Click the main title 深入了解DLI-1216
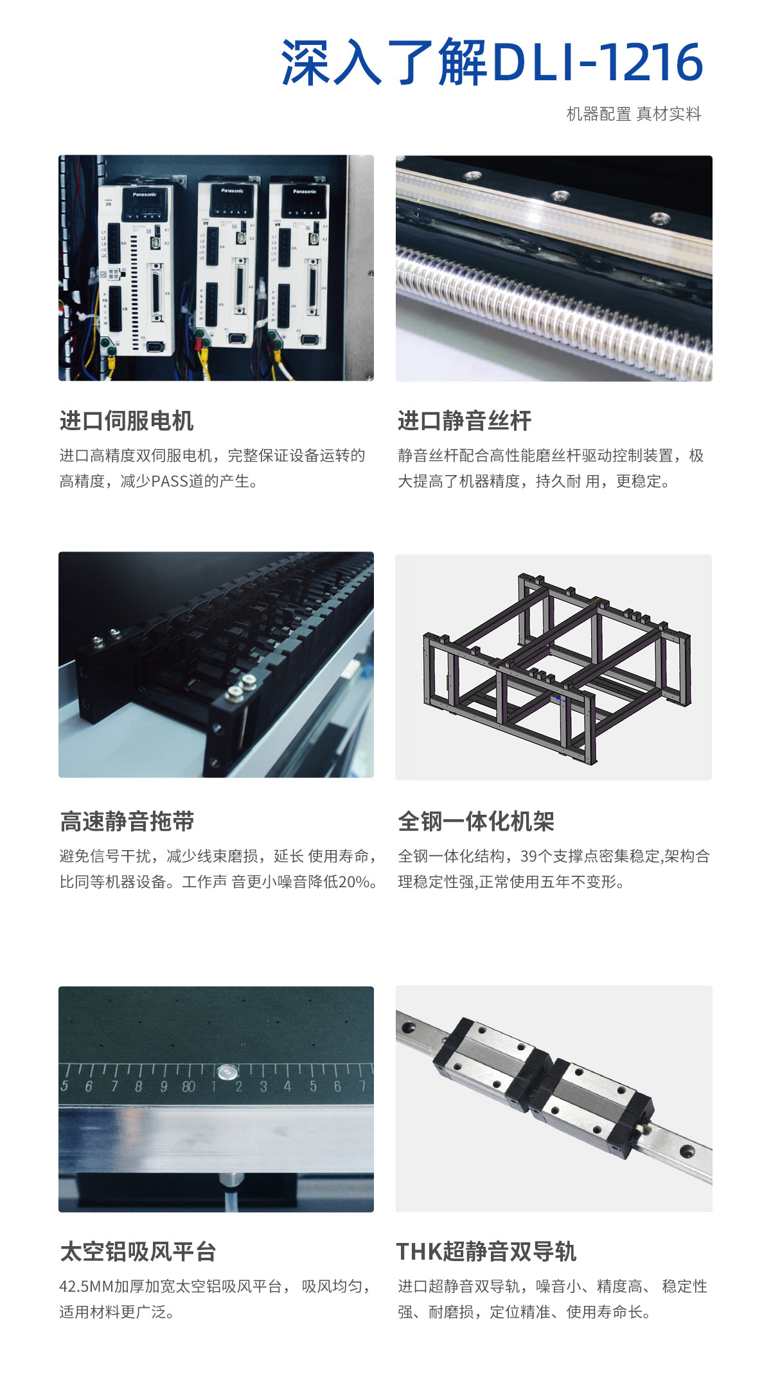(x=492, y=62)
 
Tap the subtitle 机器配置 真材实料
(x=634, y=114)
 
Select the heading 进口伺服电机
(x=127, y=421)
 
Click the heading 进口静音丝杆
(x=465, y=421)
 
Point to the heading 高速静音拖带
(x=127, y=821)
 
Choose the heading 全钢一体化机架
(x=475, y=821)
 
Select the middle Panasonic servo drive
(x=227, y=263)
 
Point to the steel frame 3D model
(x=557, y=668)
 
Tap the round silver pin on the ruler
(x=227, y=1072)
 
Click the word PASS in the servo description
(x=168, y=482)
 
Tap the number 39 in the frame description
(x=529, y=856)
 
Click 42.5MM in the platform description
(x=86, y=1287)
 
